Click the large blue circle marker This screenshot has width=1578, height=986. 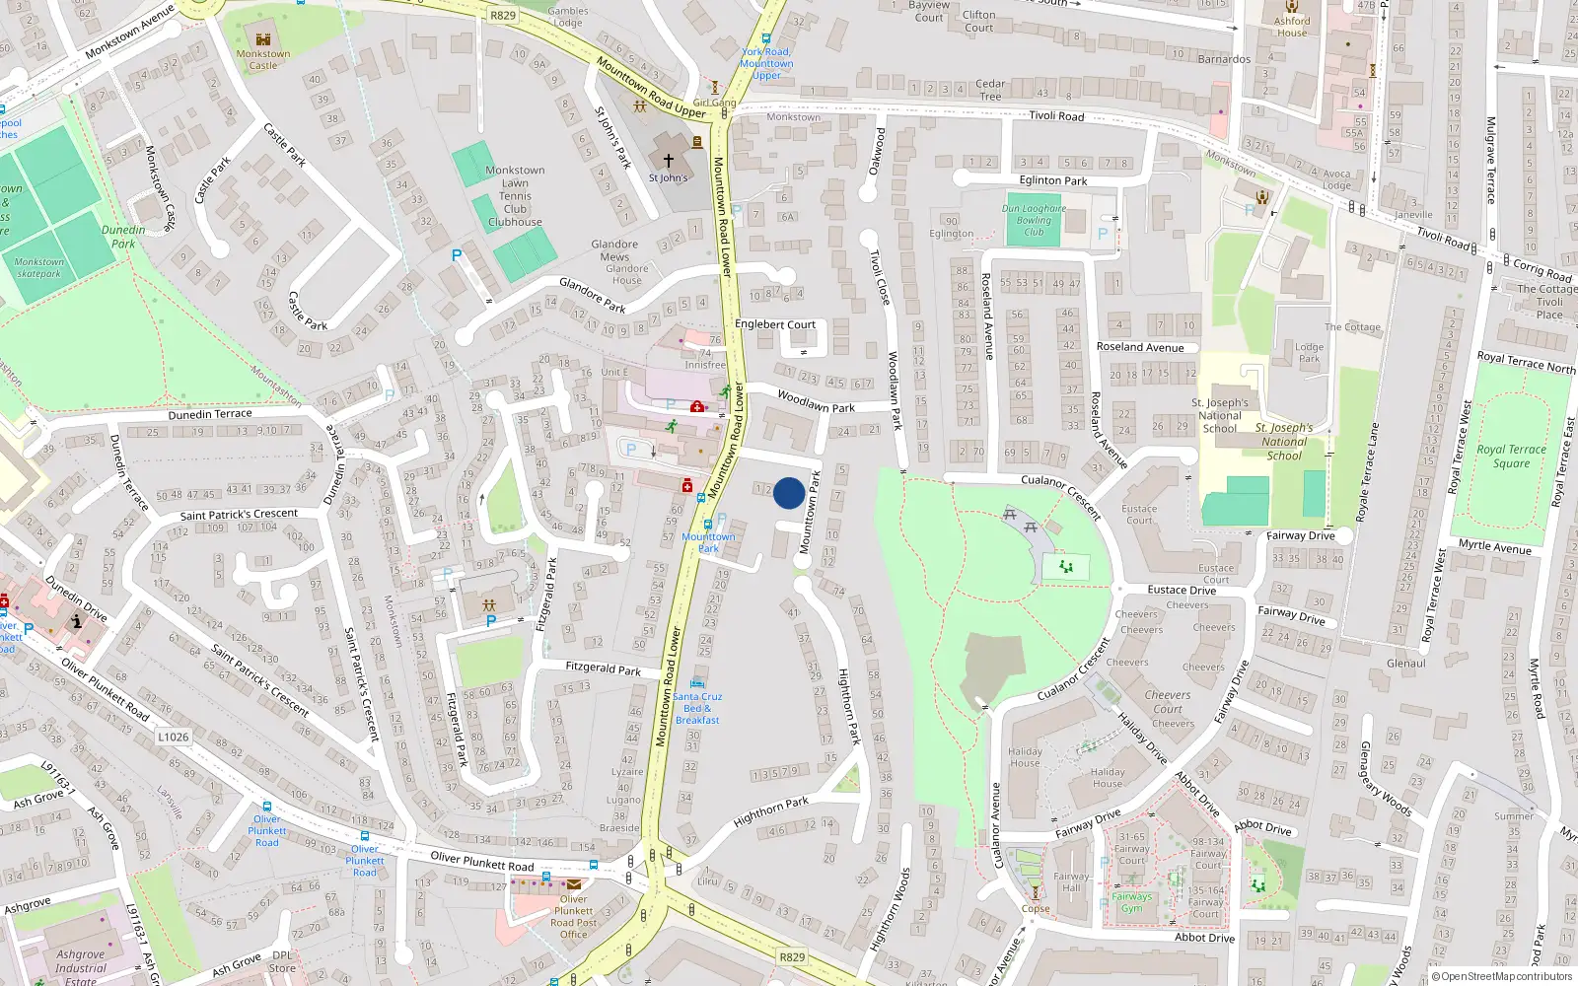788,493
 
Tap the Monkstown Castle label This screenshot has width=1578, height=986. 263,59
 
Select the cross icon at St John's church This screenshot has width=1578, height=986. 668,161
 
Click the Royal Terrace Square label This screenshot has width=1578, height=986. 1511,456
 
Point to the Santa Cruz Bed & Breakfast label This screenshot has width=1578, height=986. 696,708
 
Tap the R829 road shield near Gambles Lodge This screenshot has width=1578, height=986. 503,15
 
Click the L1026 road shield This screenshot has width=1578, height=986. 173,737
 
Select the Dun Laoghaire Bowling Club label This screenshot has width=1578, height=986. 1034,220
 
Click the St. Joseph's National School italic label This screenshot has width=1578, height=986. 1284,442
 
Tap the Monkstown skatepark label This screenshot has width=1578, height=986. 39,268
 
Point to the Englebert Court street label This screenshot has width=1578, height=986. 775,324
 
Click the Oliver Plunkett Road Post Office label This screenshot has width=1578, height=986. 573,917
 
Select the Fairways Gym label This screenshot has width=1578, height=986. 1131,902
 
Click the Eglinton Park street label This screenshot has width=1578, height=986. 1053,180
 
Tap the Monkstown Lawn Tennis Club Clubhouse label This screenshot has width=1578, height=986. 515,195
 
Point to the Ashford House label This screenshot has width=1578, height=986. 1292,27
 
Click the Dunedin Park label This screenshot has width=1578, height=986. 123,237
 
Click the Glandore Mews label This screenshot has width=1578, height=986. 614,250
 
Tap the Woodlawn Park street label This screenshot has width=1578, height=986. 816,401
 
